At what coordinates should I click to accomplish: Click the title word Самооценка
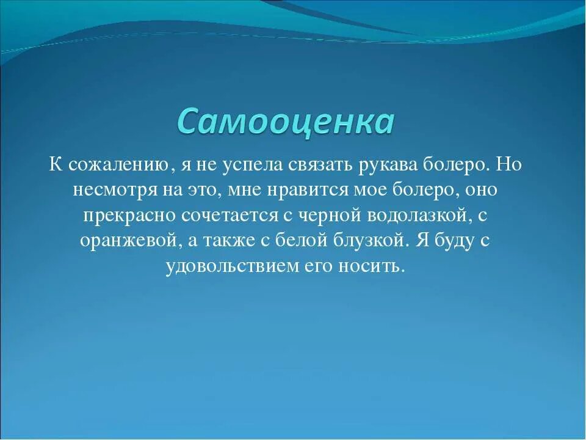(x=286, y=121)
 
